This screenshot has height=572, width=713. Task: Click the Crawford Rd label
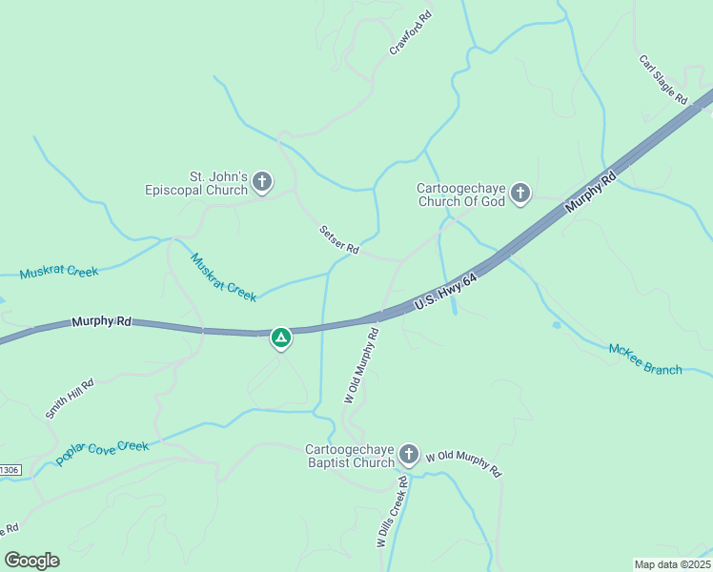[x=411, y=33]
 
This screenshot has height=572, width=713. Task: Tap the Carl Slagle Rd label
[x=662, y=79]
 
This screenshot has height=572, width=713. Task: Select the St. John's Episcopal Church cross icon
[x=262, y=181]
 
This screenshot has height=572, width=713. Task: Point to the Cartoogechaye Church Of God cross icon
[x=520, y=194]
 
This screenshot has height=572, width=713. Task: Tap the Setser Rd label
[x=338, y=239]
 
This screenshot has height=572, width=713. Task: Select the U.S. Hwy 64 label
[x=446, y=292]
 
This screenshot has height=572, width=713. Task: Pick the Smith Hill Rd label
[x=70, y=399]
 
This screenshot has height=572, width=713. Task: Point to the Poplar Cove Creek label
[x=102, y=452]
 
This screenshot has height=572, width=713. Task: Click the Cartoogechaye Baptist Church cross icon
[x=409, y=454]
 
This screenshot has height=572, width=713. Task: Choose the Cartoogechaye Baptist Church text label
[x=350, y=456]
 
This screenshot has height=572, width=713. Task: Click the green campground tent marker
[x=281, y=337]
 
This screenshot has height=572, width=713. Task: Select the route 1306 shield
[x=10, y=470]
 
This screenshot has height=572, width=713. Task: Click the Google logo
[x=31, y=561]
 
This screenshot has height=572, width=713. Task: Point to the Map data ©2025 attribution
[x=671, y=564]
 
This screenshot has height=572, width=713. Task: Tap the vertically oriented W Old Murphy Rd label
[x=362, y=366]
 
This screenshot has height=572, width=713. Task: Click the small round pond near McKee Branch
[x=557, y=325]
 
